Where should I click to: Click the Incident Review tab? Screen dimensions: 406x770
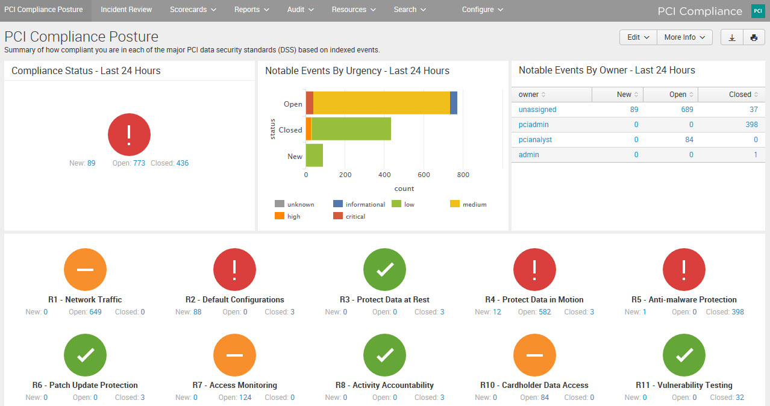(126, 10)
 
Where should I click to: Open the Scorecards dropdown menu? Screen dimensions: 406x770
(193, 10)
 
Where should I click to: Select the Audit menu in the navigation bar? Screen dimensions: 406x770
(300, 10)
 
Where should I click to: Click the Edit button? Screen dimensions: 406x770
(638, 37)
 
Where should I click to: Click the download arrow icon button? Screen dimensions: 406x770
(732, 37)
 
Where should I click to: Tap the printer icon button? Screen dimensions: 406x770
(754, 37)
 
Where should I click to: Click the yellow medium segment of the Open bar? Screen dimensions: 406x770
(381, 103)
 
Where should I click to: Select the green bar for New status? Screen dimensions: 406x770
(315, 155)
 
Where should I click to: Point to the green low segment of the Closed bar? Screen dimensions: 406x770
(351, 129)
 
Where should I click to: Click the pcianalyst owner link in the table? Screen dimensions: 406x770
(535, 140)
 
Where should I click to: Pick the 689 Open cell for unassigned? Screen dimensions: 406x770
(686, 110)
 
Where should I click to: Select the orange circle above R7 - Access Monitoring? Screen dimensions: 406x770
(234, 355)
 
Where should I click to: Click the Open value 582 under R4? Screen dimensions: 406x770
(545, 312)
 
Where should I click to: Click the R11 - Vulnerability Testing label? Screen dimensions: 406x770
(684, 385)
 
